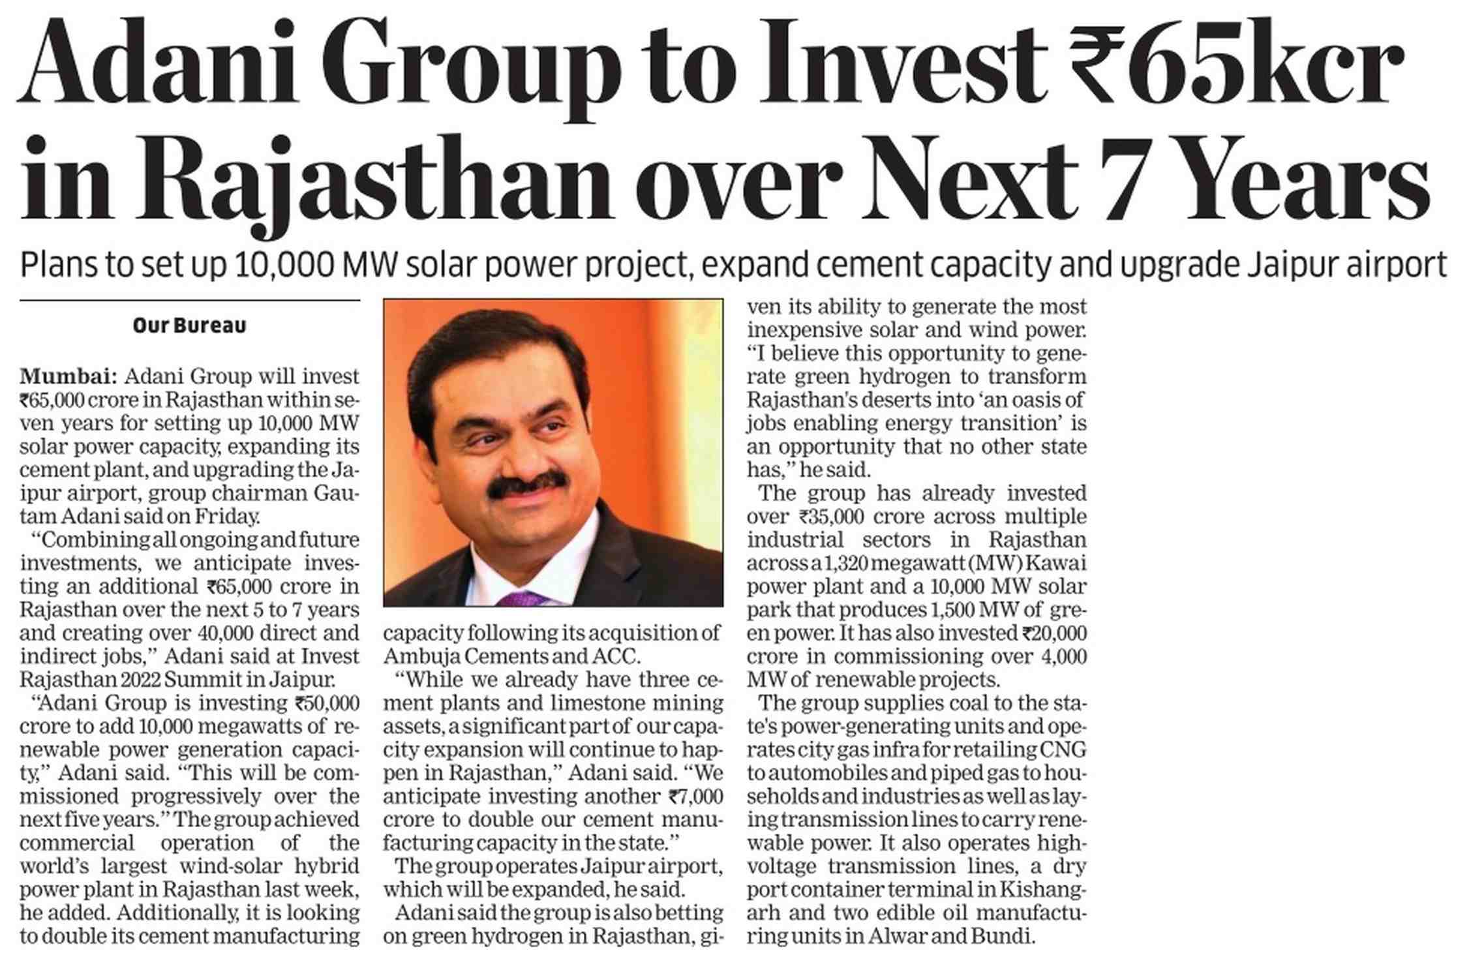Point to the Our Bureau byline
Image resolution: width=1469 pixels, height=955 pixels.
tap(189, 326)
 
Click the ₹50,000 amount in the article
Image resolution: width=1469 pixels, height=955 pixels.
tap(327, 703)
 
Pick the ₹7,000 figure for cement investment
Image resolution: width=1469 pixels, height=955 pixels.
tap(696, 796)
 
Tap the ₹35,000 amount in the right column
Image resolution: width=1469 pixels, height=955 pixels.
tap(830, 517)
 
